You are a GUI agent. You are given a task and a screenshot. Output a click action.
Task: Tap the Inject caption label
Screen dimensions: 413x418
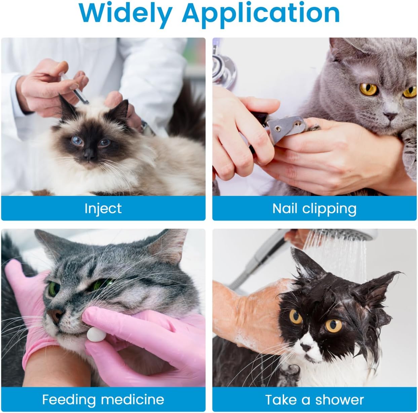click(x=103, y=208)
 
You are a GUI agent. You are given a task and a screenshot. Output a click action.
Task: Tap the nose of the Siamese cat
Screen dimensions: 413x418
click(x=89, y=155)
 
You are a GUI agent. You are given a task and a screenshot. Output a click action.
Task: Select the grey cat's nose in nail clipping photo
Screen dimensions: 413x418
click(x=390, y=116)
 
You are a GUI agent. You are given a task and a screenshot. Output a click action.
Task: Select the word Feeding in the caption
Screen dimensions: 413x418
click(x=69, y=400)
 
